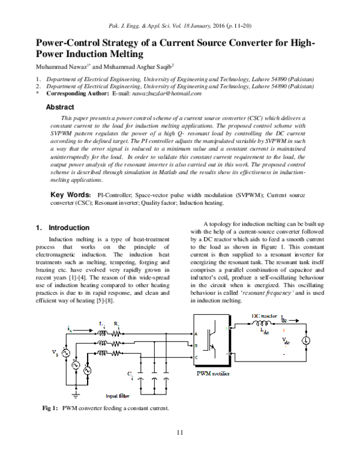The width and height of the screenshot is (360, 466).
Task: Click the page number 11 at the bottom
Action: (x=179, y=434)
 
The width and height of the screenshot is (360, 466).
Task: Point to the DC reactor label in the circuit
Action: (x=265, y=316)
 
